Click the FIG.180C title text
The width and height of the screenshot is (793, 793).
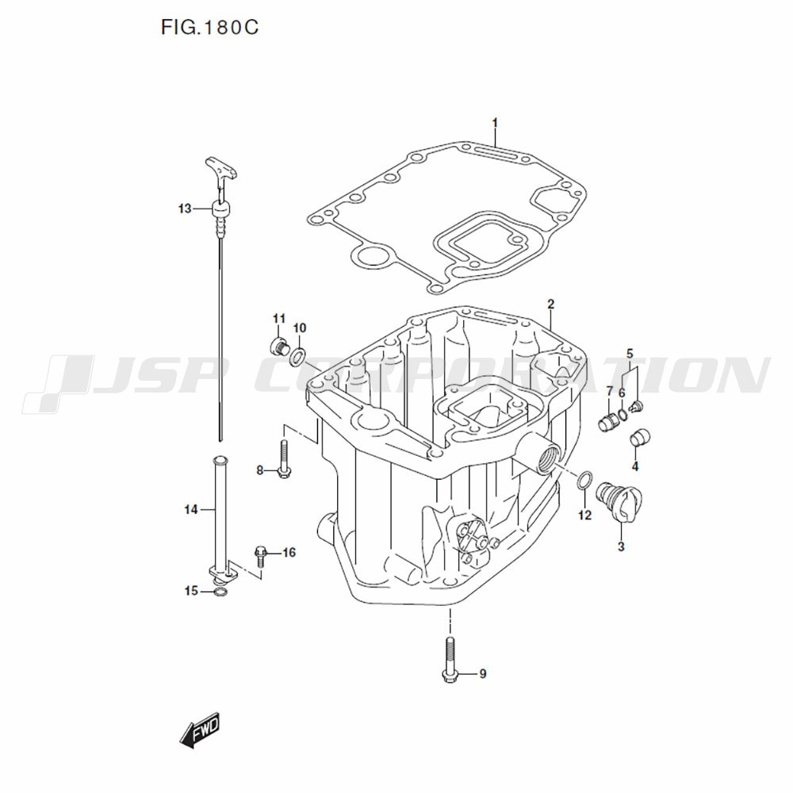pos(209,27)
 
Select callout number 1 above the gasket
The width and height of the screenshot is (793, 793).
pos(495,123)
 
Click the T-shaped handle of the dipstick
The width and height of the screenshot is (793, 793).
pos(221,168)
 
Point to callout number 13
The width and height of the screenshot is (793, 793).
pos(185,209)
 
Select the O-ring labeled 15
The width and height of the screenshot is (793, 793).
pos(220,592)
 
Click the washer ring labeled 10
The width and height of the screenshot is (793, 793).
pos(297,357)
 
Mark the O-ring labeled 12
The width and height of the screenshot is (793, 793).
pos(584,480)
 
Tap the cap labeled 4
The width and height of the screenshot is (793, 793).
pos(640,438)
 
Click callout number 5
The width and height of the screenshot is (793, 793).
pos(630,353)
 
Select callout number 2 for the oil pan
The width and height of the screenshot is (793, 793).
pos(551,305)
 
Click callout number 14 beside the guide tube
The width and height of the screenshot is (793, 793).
pos(190,510)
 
